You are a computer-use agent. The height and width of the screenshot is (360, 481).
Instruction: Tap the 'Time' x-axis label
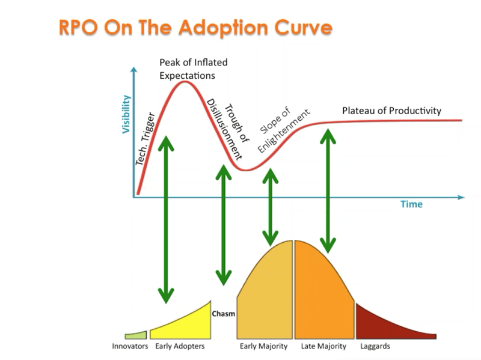[411, 204]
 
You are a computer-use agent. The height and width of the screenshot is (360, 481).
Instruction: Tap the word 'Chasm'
[223, 314]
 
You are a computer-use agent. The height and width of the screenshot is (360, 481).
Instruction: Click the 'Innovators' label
[130, 347]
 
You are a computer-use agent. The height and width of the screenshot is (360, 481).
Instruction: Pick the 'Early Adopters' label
[180, 347]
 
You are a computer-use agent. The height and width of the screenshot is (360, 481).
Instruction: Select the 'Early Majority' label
[263, 347]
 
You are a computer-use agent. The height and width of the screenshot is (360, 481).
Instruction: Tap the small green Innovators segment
[136, 335]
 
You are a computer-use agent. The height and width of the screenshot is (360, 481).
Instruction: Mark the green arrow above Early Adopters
[167, 219]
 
